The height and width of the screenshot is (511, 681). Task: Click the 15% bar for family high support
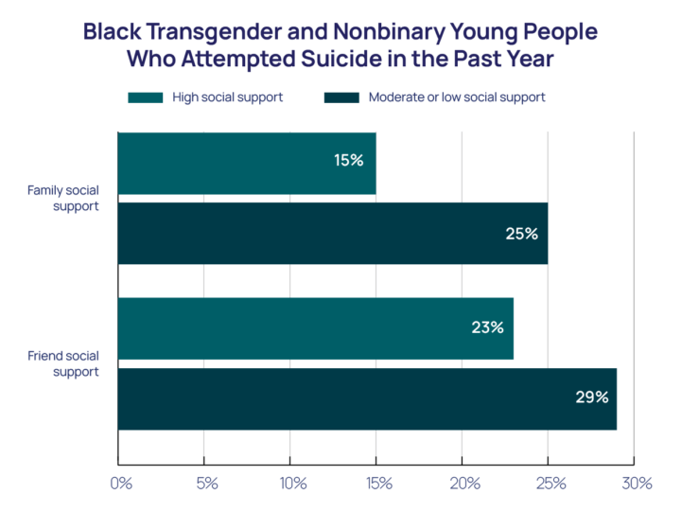(247, 163)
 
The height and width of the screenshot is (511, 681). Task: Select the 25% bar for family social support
(332, 233)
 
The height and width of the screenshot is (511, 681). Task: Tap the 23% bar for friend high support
(315, 328)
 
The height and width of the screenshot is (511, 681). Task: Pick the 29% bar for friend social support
(367, 398)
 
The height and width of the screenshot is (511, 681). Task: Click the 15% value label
(348, 161)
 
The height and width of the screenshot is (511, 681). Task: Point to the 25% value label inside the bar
(521, 233)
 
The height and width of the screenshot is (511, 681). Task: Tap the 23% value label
(487, 328)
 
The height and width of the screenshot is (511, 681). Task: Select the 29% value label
(591, 398)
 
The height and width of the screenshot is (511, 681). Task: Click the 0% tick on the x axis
(120, 484)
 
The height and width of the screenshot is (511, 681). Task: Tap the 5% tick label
(206, 484)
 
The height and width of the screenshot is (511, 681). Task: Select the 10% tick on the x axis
(292, 484)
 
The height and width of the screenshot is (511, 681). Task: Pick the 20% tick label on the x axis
(464, 484)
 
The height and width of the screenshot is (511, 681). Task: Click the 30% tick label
(637, 484)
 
